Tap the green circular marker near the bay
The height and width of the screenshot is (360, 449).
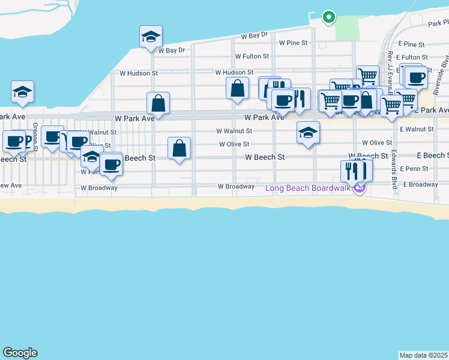(328, 17)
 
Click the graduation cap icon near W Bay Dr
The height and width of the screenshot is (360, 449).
(151, 37)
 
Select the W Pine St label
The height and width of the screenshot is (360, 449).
(293, 43)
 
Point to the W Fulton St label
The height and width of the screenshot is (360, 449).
(252, 56)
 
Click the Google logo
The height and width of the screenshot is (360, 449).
(20, 353)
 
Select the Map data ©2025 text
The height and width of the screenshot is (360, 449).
(424, 355)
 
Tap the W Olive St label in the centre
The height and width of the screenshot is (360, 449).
(234, 145)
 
